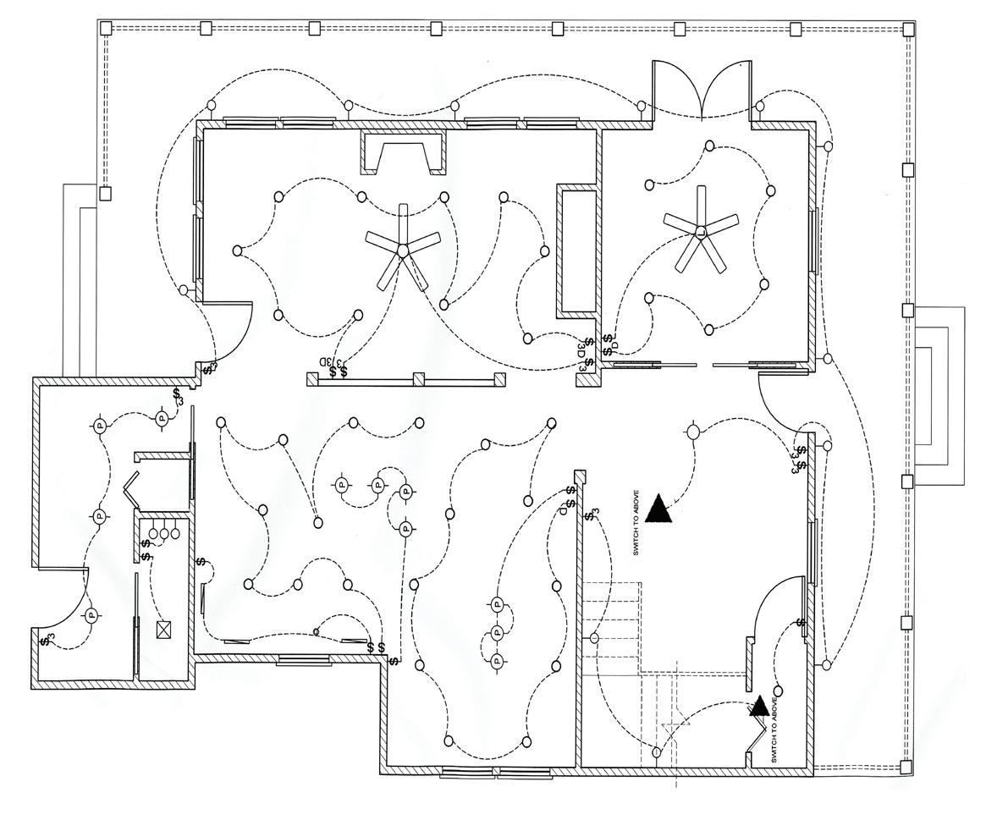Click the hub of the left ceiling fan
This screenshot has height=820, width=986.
[403, 250]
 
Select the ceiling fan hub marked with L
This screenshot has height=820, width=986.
[700, 231]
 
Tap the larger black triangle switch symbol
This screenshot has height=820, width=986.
[658, 508]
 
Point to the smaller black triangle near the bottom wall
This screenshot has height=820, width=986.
[759, 706]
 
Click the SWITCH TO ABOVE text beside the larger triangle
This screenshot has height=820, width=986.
[636, 525]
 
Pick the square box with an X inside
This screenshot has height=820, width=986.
[163, 630]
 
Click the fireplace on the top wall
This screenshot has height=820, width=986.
[403, 153]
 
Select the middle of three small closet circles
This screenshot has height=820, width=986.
[165, 533]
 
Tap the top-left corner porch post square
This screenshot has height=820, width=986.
[106, 29]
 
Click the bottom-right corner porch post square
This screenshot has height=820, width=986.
[907, 768]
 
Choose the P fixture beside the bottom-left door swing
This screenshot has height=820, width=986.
[91, 615]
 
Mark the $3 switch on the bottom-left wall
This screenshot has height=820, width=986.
[47, 641]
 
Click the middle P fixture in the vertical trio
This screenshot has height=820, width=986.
[497, 631]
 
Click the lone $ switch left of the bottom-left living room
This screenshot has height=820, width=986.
[201, 561]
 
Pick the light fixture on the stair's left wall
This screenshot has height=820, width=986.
[594, 638]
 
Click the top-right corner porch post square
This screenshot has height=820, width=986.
[908, 29]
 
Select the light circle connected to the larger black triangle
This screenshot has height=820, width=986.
[693, 432]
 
